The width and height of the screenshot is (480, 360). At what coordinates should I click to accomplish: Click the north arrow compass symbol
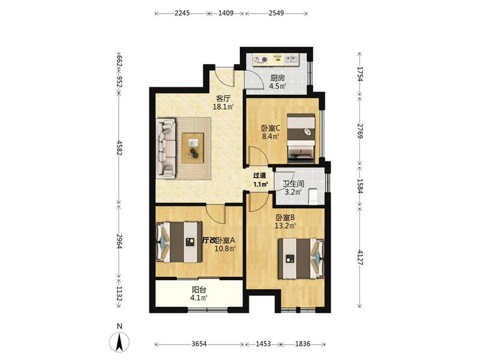coord(119,341)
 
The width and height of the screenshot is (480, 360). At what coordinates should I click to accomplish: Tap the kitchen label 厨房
coord(277,78)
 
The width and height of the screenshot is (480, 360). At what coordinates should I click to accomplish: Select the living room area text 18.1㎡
coord(223,107)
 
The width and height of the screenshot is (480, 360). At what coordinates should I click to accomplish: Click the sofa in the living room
coord(166,148)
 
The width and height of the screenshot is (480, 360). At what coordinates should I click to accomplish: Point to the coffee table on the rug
coord(193,148)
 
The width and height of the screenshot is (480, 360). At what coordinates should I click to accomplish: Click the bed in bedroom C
coord(301,139)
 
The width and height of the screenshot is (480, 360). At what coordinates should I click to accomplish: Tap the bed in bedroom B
coord(301,259)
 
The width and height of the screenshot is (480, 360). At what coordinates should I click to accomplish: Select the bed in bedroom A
coord(179,242)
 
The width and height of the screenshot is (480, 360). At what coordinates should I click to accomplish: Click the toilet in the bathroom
coord(313,196)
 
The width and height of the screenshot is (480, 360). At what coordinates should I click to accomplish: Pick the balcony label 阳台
coord(199,289)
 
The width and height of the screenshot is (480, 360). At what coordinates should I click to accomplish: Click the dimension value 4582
coord(119,148)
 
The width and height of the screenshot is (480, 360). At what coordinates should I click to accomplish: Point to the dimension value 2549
coord(277,13)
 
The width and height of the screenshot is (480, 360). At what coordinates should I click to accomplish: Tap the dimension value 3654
coord(199,344)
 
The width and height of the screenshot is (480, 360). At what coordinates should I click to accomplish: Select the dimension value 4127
coord(360,258)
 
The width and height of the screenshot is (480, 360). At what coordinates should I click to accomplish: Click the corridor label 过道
coord(259,175)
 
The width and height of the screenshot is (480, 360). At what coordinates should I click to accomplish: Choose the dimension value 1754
coord(360,74)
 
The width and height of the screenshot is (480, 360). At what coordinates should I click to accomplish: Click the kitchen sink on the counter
coord(292,59)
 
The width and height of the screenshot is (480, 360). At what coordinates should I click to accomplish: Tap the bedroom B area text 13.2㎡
coord(286,226)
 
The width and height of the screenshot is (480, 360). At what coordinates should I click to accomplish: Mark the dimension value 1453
coord(263,344)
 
